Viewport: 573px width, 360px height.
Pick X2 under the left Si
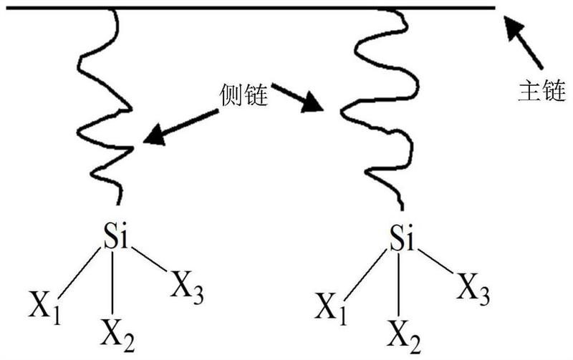117,332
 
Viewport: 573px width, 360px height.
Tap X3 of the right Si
474,286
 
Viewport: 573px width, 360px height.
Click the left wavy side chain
107,107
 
